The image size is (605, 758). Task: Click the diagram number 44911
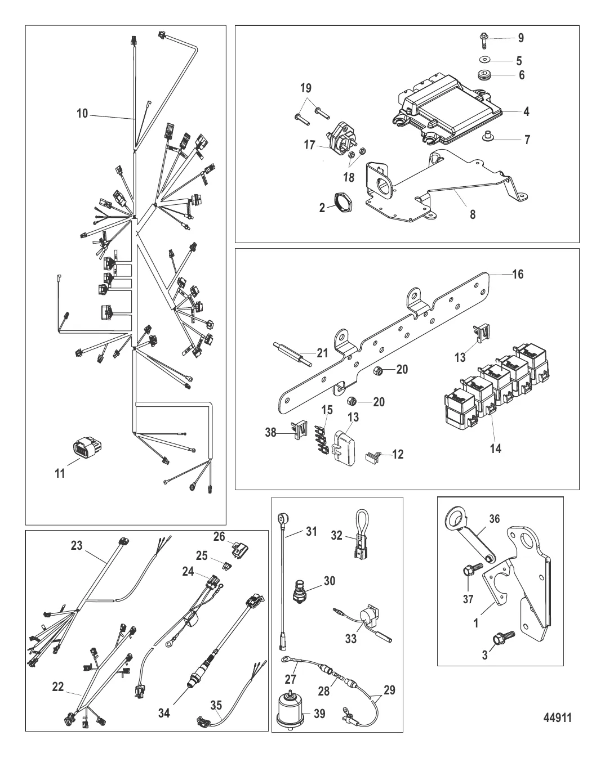(557, 717)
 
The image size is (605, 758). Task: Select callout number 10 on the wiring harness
(82, 114)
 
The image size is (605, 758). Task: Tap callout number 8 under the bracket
(473, 214)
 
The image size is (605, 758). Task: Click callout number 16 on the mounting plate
(518, 274)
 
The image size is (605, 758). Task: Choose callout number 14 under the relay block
(496, 448)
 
